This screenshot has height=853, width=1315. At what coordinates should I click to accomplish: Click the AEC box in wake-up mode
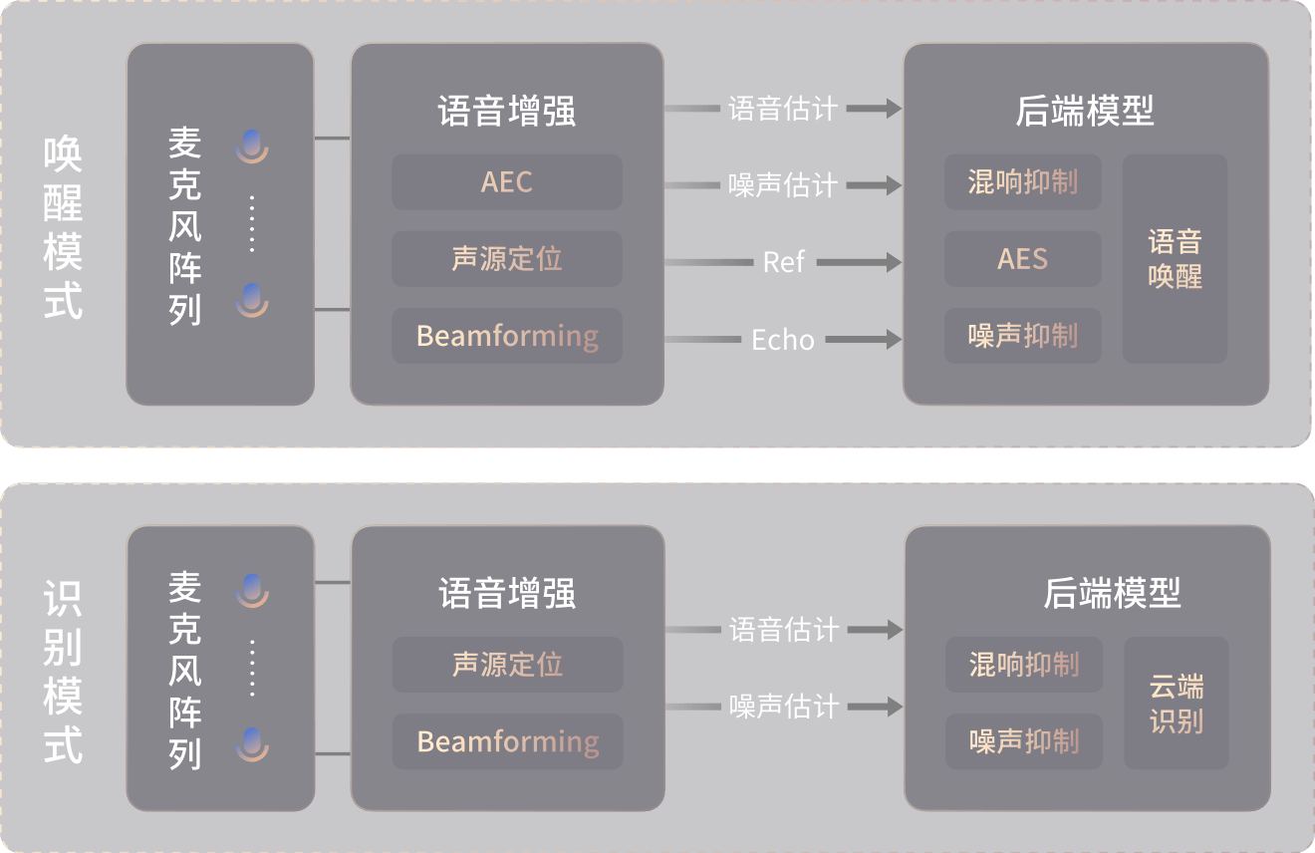tap(506, 182)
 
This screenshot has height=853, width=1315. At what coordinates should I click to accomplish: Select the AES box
tap(1022, 259)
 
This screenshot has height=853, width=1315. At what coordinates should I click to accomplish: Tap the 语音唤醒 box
tap(1175, 259)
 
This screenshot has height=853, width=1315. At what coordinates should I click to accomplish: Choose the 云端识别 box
tap(1176, 704)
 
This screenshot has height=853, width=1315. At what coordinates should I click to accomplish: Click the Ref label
tap(783, 262)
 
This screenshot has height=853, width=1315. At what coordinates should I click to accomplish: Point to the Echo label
tap(783, 340)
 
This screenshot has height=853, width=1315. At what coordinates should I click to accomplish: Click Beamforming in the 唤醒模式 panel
tap(506, 336)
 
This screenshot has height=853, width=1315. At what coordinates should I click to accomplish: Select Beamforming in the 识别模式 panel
tap(507, 741)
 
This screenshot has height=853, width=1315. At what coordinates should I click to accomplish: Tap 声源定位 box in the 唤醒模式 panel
tap(506, 259)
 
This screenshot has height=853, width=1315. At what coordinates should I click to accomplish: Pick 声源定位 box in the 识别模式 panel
tap(507, 665)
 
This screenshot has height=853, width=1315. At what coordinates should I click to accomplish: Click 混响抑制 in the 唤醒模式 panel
tap(1022, 182)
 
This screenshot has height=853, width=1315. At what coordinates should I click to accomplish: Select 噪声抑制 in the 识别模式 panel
tap(1023, 741)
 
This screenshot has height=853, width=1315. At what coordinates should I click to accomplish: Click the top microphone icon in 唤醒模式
tap(252, 145)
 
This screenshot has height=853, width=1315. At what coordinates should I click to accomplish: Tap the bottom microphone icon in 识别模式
tap(252, 745)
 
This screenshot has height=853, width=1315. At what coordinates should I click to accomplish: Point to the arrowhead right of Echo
tap(890, 340)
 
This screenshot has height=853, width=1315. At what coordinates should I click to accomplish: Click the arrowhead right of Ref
tap(890, 262)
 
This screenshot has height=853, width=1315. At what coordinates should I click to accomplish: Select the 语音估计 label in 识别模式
tap(784, 630)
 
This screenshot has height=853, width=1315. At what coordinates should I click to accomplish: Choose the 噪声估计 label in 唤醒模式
tap(783, 185)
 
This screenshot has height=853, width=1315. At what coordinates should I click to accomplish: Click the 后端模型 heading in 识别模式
tap(1112, 594)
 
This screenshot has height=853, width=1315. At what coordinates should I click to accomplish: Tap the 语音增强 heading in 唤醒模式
tap(506, 111)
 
